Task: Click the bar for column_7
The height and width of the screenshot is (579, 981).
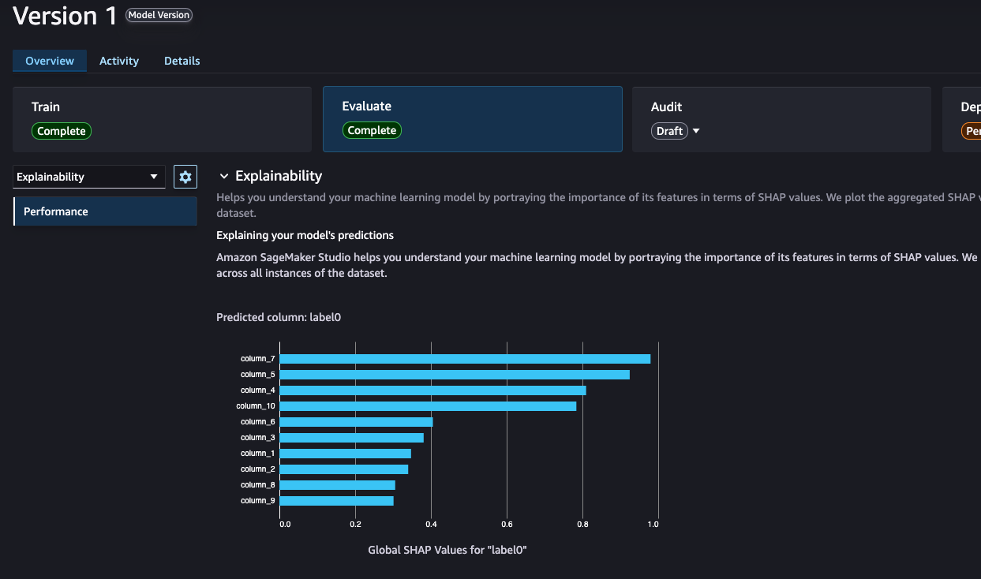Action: pos(465,359)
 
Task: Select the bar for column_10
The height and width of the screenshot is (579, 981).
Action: pos(428,406)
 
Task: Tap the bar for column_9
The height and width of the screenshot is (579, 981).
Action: pos(336,501)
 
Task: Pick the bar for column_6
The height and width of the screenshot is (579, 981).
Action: pos(356,422)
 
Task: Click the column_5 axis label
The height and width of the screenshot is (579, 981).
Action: pos(258,375)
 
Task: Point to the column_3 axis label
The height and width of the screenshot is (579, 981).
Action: pos(258,438)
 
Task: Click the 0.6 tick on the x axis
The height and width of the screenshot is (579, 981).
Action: pos(507,523)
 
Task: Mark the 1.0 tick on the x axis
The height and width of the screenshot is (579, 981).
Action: pos(653,523)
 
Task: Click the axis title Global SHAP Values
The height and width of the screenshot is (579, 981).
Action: pos(447,550)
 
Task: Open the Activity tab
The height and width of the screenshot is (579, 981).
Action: pos(119,61)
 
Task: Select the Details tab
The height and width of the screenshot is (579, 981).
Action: pos(182,61)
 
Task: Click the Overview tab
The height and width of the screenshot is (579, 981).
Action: pos(50,61)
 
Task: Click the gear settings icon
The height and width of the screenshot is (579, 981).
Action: pos(185,177)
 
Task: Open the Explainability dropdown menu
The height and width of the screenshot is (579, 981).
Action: pos(88,177)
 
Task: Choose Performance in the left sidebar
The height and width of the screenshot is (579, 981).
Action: pos(105,211)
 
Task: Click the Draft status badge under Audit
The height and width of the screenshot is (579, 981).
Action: pos(669,131)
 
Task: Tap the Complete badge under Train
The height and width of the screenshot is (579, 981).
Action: pos(62,131)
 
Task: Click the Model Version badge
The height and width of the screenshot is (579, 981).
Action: pos(159,15)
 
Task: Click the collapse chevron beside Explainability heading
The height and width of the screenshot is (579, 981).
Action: pos(224,176)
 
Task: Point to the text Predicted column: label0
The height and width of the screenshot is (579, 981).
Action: pos(279,317)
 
